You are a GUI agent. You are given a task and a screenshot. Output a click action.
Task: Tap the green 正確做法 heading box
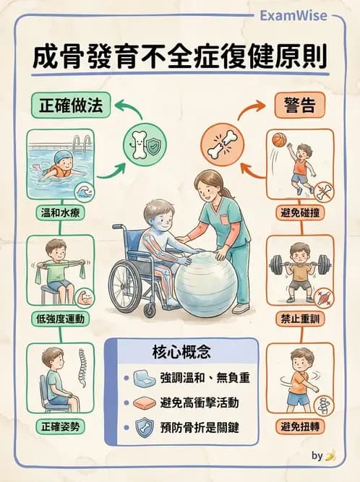71,107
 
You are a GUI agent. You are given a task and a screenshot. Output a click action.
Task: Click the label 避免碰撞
299,213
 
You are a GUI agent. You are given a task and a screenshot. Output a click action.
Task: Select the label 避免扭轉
299,426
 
